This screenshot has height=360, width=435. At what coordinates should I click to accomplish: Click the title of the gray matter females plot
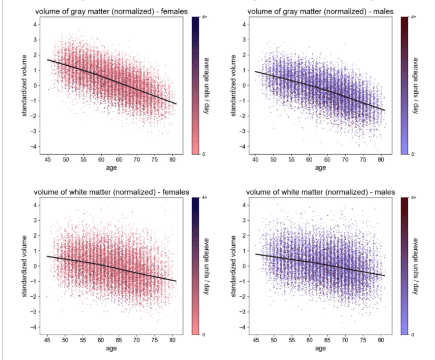pos(111,12)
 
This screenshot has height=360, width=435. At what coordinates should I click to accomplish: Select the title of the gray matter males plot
pos(320,12)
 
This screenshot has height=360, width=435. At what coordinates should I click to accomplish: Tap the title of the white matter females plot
pos(111,192)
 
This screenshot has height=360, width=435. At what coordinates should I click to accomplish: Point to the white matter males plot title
pos(320,192)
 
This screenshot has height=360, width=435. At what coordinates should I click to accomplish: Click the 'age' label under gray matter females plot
pos(111,168)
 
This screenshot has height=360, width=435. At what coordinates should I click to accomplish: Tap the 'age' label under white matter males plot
pos(320,348)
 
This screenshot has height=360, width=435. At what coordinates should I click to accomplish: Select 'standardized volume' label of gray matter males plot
pos(234,85)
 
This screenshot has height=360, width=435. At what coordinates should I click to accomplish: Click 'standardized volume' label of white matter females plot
pos(25,266)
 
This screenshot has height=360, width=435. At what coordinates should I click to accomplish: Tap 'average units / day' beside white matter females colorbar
pos(206,266)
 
